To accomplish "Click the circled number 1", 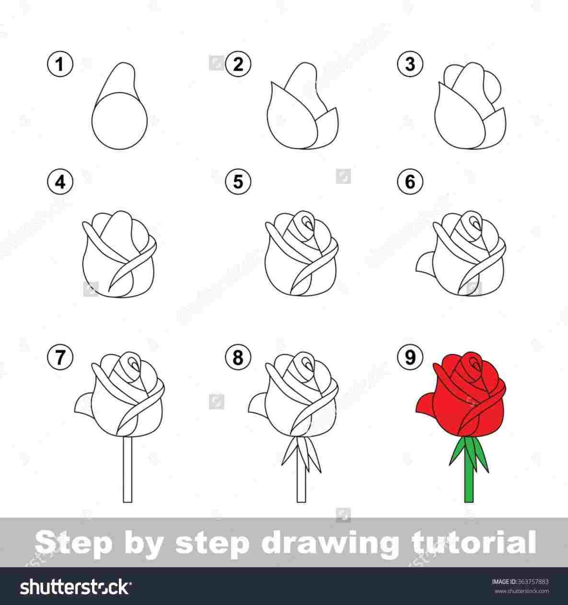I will tap(60, 65).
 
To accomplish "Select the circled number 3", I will tap(410, 65).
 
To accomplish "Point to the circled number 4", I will tap(60, 182).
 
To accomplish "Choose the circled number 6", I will tap(410, 182).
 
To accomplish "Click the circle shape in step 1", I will tap(119, 120).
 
